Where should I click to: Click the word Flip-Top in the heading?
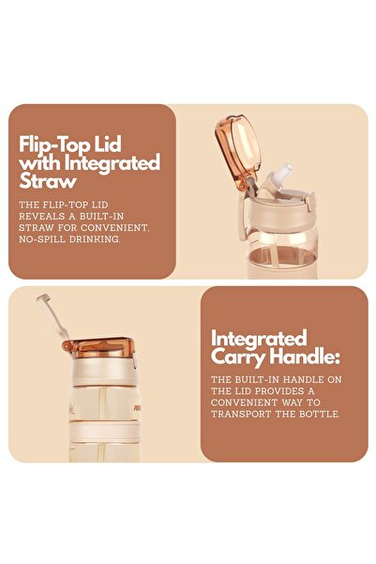point(54,145)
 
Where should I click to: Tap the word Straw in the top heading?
point(48,181)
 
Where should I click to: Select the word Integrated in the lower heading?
point(259,338)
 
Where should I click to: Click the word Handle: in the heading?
point(305,357)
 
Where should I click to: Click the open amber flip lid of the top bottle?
point(237,150)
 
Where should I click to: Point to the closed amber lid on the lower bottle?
point(99,347)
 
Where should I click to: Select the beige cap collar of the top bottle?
point(282,211)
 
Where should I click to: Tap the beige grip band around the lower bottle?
point(104,432)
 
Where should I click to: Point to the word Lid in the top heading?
point(108,145)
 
